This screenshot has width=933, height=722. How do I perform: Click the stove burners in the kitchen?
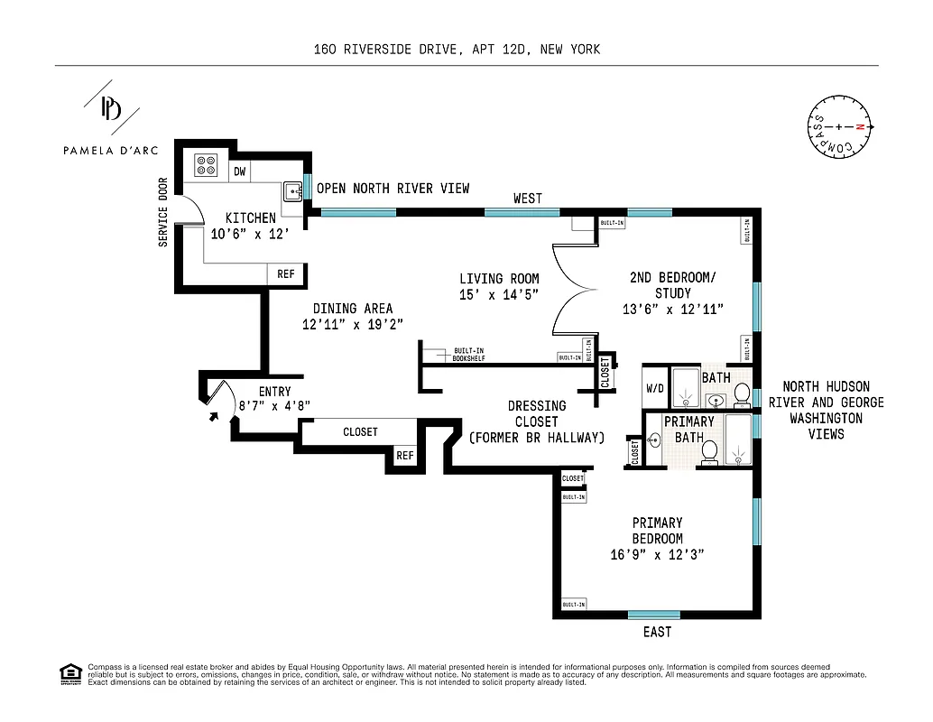pyautogui.click(x=207, y=165)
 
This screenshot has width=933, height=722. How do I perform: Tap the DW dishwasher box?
pyautogui.click(x=239, y=171)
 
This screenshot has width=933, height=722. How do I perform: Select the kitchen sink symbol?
pyautogui.click(x=292, y=191)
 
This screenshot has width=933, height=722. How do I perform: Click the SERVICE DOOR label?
pyautogui.click(x=163, y=211)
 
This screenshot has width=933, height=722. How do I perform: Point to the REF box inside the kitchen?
pyautogui.click(x=286, y=274)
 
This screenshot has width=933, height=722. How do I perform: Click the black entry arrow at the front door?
pyautogui.click(x=213, y=417)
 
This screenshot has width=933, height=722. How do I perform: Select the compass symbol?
pyautogui.click(x=839, y=127)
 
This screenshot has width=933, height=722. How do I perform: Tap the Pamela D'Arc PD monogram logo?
pyautogui.click(x=112, y=109)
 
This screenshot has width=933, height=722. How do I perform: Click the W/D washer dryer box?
pyautogui.click(x=654, y=391)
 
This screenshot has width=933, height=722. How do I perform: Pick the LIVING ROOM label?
pyautogui.click(x=498, y=279)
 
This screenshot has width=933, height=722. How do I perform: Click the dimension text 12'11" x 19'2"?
pyautogui.click(x=352, y=323)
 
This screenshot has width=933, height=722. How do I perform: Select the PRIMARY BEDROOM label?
pyautogui.click(x=657, y=531)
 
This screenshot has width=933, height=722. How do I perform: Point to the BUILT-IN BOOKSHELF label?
pyautogui.click(x=469, y=355)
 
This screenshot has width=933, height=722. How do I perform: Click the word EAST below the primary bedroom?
pyautogui.click(x=657, y=632)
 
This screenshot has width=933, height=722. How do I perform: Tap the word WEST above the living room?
pyautogui.click(x=528, y=198)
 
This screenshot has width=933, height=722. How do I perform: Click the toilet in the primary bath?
pyautogui.click(x=708, y=450)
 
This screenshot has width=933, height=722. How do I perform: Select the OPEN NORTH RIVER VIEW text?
pyautogui.click(x=393, y=189)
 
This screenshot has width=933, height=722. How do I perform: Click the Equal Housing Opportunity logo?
pyautogui.click(x=69, y=672)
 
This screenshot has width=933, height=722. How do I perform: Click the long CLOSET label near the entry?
pyautogui.click(x=360, y=432)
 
